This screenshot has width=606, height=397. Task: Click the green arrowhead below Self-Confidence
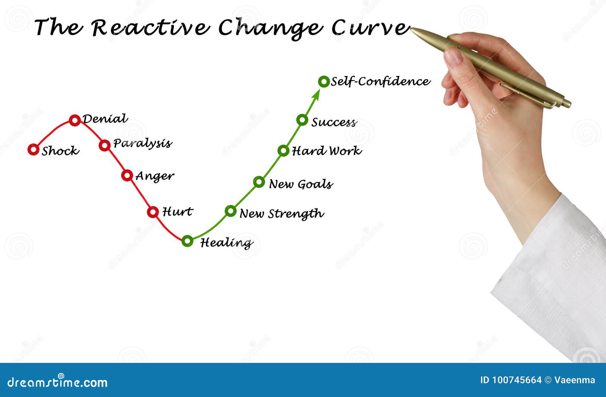(x=316, y=95)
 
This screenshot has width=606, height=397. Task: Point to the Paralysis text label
(x=142, y=144)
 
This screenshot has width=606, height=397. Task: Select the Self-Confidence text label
(x=380, y=81)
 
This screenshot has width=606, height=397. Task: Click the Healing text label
(x=226, y=243)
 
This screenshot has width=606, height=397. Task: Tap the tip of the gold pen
(x=411, y=28)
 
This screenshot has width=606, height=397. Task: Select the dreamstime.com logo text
(x=57, y=382)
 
